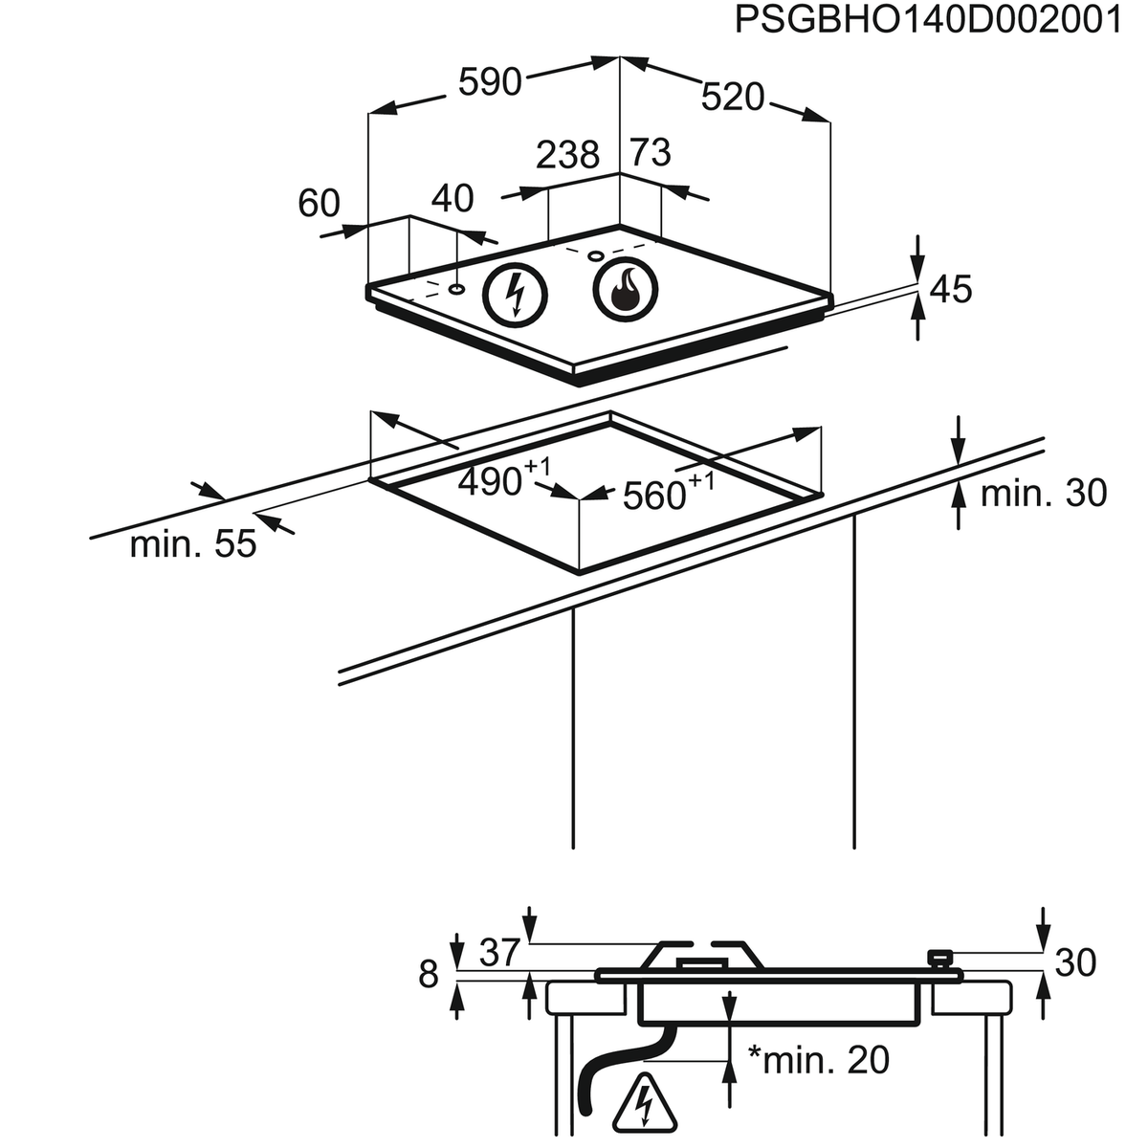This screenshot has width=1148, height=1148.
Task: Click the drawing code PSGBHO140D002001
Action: click(x=927, y=21)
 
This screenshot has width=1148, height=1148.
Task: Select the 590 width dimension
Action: click(x=490, y=83)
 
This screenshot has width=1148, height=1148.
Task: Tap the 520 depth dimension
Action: click(x=734, y=97)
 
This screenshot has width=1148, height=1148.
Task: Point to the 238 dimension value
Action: click(x=567, y=155)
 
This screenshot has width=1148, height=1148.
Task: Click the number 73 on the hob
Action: click(x=651, y=152)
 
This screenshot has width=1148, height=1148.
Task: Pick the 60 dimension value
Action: click(x=320, y=203)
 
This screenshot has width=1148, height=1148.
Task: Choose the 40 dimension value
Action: click(x=453, y=198)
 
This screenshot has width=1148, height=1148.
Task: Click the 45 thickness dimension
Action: click(x=950, y=289)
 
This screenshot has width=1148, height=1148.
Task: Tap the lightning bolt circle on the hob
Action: click(x=515, y=292)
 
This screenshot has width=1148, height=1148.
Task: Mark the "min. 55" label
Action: click(x=193, y=544)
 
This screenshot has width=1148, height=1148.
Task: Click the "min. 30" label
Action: click(x=1043, y=494)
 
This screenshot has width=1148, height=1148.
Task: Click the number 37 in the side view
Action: click(x=498, y=952)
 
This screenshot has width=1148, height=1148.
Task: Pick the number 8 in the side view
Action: click(x=429, y=974)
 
